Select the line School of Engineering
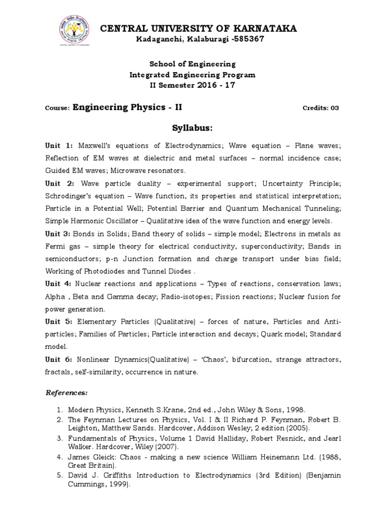coord(193,64)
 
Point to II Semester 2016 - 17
coord(193,85)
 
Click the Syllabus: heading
coord(192,128)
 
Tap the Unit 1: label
coord(60,146)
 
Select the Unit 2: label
coord(60,183)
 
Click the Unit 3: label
coord(59,233)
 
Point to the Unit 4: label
coord(59,284)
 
